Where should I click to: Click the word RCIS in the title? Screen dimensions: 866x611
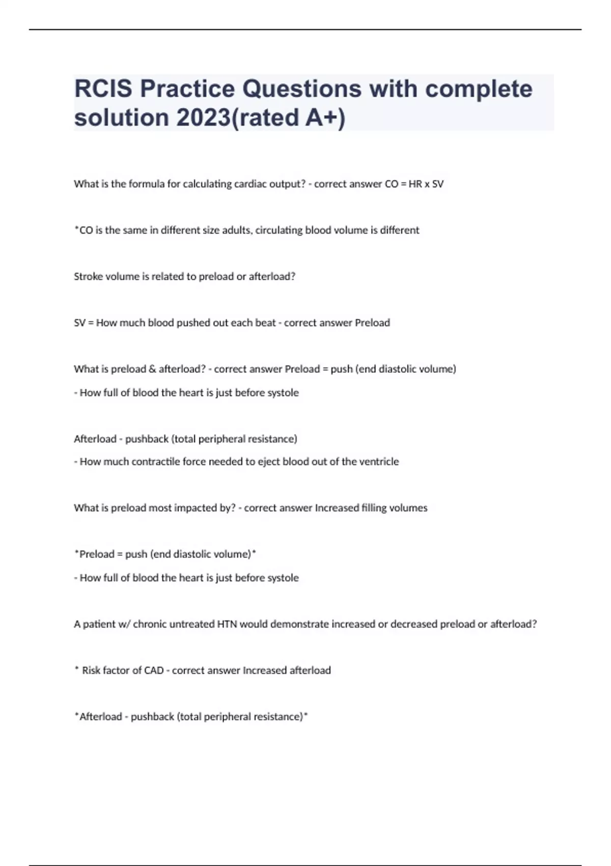click(x=103, y=89)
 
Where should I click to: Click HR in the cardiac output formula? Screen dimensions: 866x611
click(x=415, y=184)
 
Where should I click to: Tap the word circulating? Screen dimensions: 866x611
click(x=279, y=230)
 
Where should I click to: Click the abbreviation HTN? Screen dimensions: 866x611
click(x=227, y=625)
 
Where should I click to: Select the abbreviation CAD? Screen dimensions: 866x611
click(x=154, y=671)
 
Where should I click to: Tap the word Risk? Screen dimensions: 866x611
click(x=91, y=671)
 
